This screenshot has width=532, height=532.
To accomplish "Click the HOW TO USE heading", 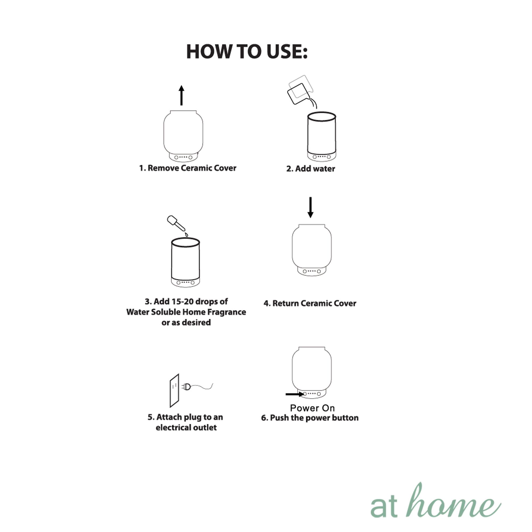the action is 247,52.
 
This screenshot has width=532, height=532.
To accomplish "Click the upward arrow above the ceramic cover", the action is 181,95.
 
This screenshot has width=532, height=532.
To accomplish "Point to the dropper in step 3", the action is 176,223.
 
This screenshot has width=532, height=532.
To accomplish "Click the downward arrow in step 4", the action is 310,207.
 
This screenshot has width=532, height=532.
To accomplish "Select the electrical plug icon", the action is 186,387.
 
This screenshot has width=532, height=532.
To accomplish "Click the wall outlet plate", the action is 174,390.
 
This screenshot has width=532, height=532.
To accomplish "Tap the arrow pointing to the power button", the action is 295,394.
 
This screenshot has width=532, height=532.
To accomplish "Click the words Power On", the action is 312,408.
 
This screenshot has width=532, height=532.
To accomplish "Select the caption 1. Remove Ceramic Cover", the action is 188,168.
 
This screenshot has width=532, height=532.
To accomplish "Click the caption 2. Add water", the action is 311,169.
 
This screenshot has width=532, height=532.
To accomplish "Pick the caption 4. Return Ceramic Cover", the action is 310,303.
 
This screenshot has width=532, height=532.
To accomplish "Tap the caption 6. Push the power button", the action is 310,418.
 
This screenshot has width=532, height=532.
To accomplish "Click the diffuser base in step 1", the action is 183,157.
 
